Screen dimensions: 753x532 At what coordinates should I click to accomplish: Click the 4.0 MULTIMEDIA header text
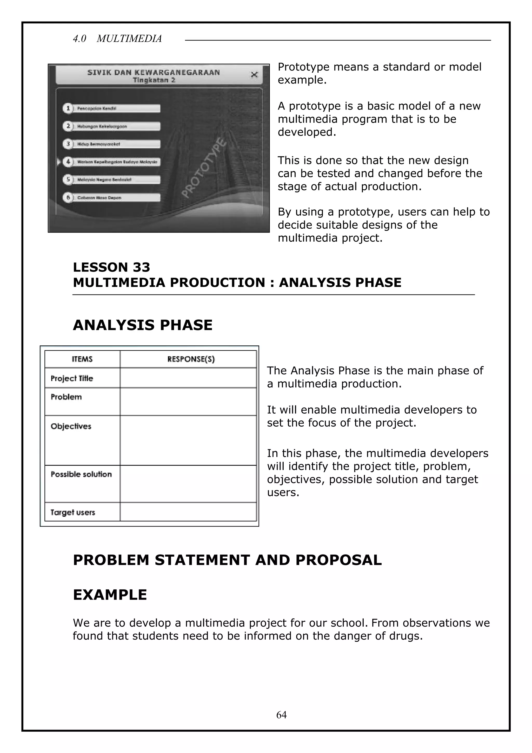pos(117,39)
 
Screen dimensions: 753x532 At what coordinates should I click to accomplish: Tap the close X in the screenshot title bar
pos(254,74)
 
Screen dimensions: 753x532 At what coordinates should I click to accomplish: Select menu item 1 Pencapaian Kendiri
pos(111,108)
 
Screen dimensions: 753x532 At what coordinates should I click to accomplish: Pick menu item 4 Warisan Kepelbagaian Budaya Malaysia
pos(111,162)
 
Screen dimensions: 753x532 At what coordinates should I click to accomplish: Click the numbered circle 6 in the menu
pos(68,197)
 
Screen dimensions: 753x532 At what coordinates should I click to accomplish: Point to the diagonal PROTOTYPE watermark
pos(204,168)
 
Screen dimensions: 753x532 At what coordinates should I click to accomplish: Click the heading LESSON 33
pos(111,267)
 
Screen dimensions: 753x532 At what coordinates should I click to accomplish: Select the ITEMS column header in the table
pos(82,359)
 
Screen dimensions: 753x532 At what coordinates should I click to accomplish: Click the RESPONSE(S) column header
pos(191,359)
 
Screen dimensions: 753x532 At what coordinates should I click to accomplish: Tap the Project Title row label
pos(72,378)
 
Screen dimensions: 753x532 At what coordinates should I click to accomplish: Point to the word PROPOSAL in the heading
pos(338,560)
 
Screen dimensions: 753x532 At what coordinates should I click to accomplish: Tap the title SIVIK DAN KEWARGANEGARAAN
pos(154,73)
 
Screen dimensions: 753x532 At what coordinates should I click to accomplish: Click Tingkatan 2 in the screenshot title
pos(154,80)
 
